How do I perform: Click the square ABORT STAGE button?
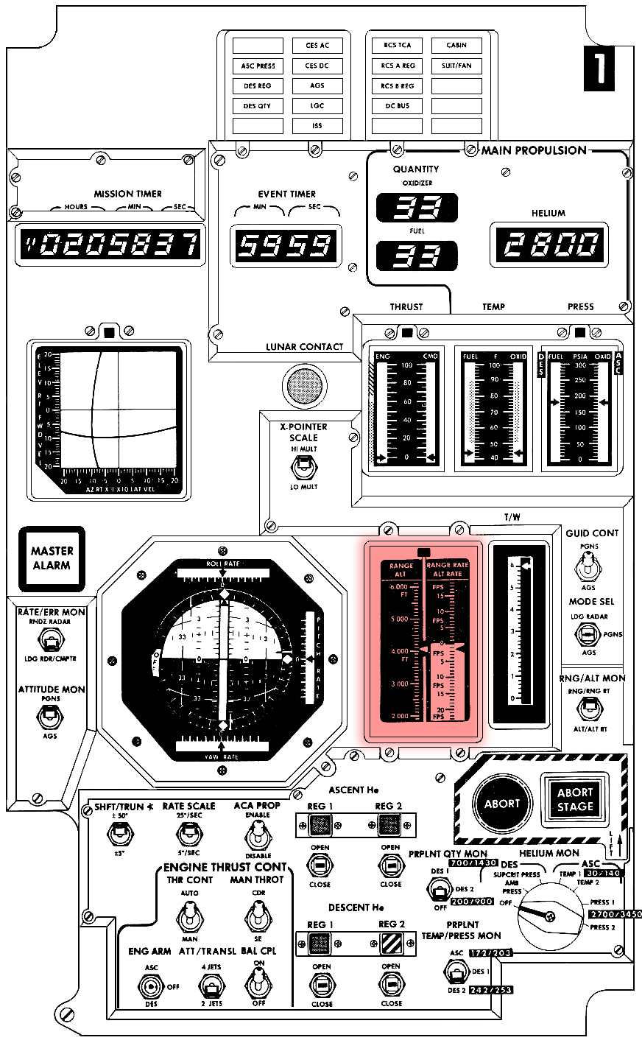574,800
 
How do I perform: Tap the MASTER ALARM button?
52,558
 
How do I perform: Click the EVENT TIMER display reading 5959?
286,245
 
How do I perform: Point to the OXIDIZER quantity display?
417,208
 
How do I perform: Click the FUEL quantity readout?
417,255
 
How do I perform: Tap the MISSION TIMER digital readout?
107,244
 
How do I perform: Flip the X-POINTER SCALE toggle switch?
302,466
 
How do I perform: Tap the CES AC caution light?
317,46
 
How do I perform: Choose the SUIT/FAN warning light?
456,66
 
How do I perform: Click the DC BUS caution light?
397,106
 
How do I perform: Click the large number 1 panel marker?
599,69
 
